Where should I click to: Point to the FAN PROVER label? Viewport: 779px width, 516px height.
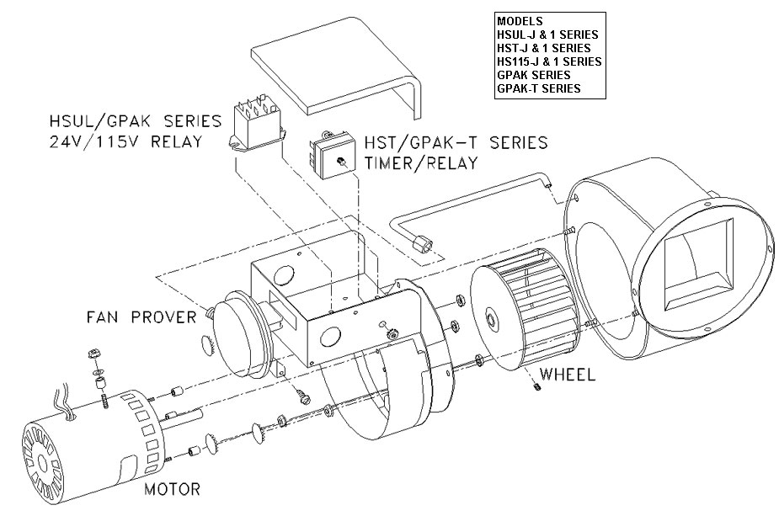coord(141,317)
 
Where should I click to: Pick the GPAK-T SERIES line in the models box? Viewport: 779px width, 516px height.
coord(538,88)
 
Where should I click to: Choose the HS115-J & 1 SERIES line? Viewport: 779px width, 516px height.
coord(548,61)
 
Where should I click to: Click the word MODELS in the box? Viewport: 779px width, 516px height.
coord(520,21)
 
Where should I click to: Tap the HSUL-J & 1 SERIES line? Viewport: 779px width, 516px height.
coord(547,35)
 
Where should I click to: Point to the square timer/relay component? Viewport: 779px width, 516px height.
coord(330,156)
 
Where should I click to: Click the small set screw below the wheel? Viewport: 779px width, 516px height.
coord(536,387)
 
